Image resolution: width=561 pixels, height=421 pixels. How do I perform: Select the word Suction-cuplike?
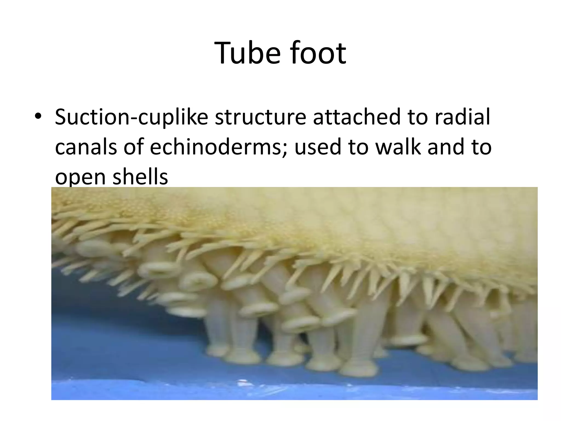131,117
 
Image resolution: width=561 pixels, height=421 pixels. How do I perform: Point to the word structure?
260,117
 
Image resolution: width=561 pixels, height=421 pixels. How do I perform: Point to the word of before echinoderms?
133,147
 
